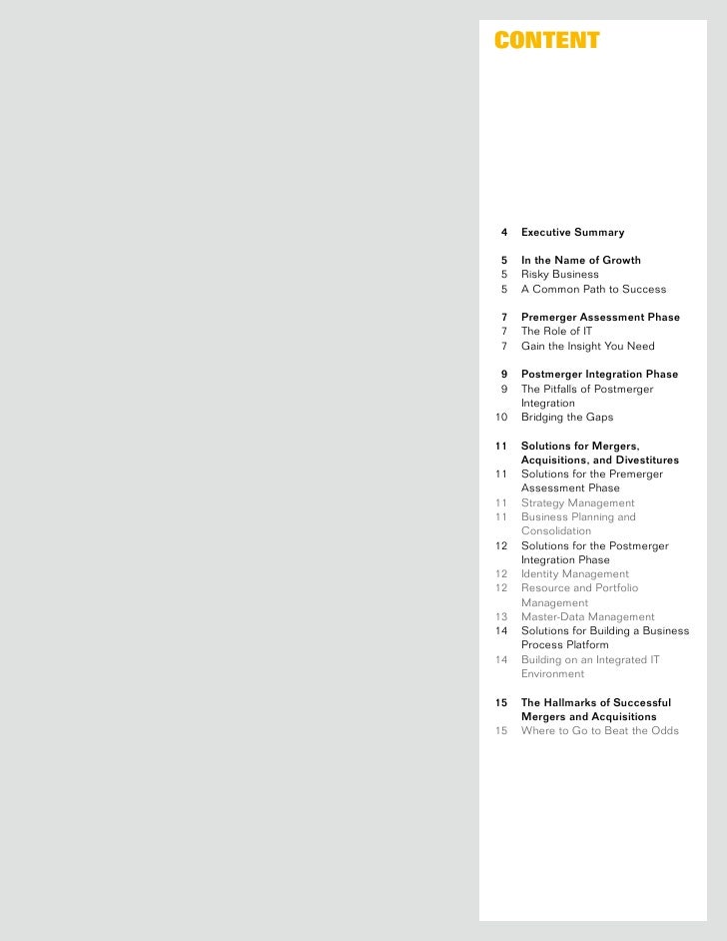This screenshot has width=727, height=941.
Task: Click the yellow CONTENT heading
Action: [x=546, y=41]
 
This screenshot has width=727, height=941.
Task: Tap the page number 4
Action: [x=503, y=233]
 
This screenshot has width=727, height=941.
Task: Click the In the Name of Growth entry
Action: [x=581, y=261]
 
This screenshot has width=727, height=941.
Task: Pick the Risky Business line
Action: [x=559, y=275]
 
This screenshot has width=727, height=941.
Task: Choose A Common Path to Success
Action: [x=593, y=290]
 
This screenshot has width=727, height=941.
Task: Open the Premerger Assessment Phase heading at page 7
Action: [x=600, y=318]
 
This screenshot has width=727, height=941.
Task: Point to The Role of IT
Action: [x=556, y=332]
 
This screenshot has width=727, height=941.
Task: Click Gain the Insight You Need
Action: [x=587, y=347]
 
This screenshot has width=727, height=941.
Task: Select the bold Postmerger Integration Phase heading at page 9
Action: [x=599, y=375]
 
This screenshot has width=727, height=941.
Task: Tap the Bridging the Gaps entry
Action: [x=565, y=418]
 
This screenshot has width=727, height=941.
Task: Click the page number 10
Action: [x=501, y=418]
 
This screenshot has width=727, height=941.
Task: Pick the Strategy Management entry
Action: [x=577, y=503]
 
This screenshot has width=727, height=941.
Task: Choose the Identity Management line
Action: [x=574, y=574]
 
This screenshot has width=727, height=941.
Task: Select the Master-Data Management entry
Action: [x=587, y=617]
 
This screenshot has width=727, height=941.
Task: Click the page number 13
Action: [x=501, y=617]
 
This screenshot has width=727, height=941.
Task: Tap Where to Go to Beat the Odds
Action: [x=599, y=731]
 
